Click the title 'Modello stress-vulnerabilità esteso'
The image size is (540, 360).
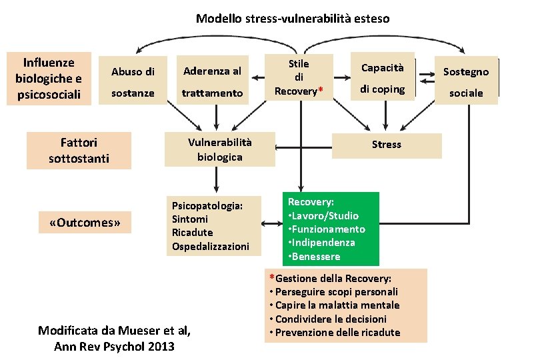pos(293,19)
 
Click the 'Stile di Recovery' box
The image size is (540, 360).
pos(299,77)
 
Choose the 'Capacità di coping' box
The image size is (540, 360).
pos(383,79)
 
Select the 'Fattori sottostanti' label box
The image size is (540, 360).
pos(79,151)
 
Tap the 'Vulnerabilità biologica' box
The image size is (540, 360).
pos(220,149)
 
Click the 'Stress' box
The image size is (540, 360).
pos(387,145)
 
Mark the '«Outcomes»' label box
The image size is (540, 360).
pos(85,223)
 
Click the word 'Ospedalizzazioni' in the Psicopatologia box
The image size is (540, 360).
pos(211,247)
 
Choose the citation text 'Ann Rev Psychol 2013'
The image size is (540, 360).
pos(114,346)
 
